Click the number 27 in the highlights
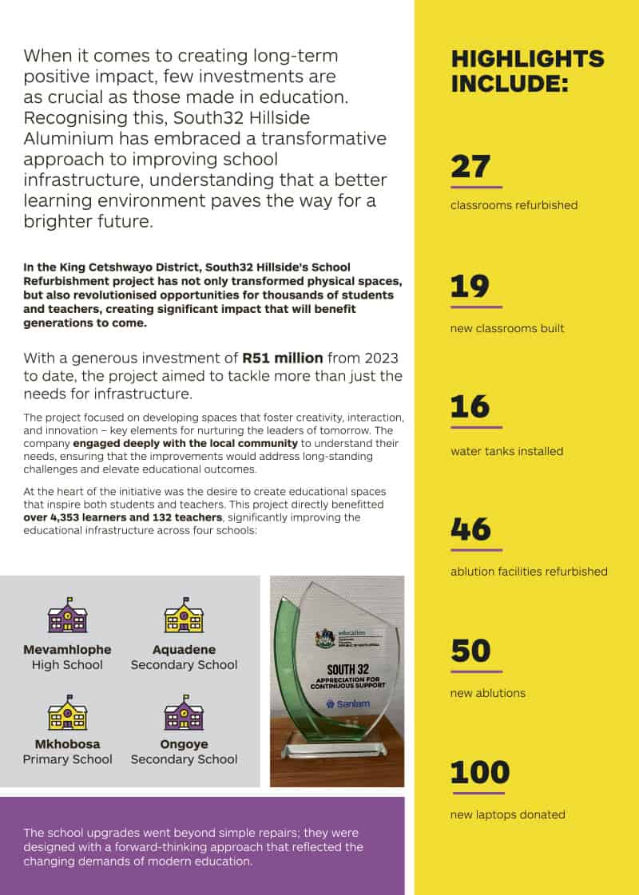point(470,166)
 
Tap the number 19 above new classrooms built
point(470,287)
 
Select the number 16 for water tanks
point(470,407)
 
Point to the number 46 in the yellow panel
point(471,529)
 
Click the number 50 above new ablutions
point(470,651)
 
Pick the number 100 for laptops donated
point(479,773)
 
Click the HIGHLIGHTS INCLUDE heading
point(527,71)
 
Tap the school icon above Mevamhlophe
point(67,616)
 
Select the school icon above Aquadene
point(184,616)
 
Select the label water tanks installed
point(506,451)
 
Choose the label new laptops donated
point(507,814)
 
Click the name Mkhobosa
point(67,744)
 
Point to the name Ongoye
point(184,744)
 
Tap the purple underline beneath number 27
point(476,186)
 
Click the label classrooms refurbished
point(514,205)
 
